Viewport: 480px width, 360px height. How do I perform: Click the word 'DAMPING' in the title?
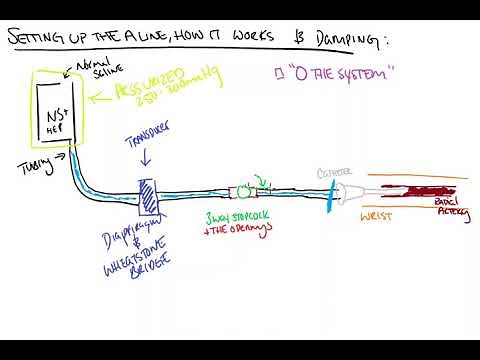pyautogui.click(x=330, y=39)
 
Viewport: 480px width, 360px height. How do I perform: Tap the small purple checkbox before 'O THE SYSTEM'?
pyautogui.click(x=277, y=74)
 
